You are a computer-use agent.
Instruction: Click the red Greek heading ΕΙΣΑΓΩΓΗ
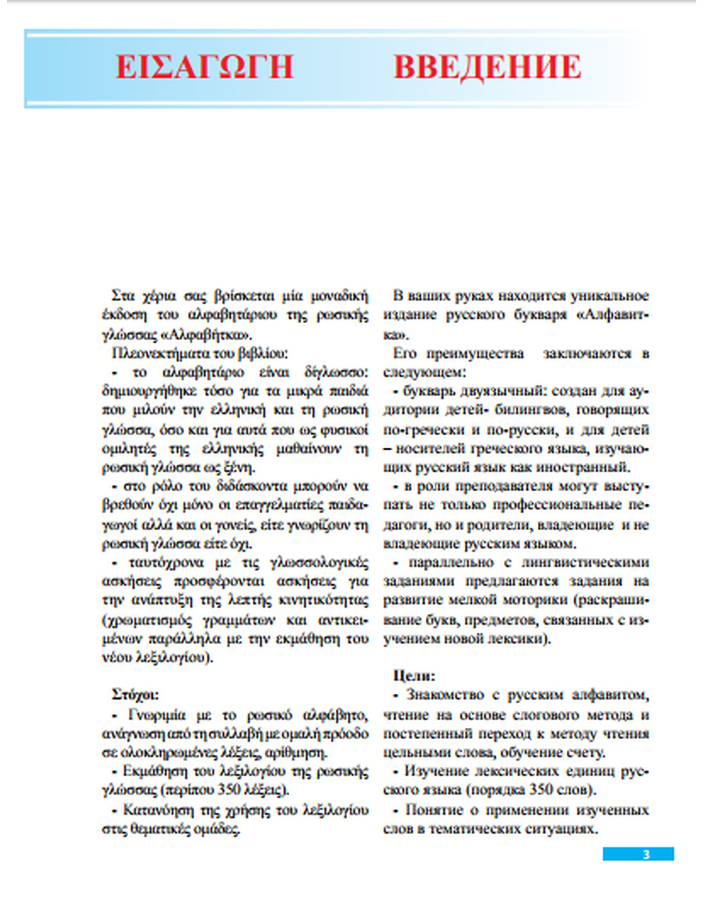[204, 67]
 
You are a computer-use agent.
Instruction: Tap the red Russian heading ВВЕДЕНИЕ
[487, 67]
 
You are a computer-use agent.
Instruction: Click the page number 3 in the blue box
[646, 854]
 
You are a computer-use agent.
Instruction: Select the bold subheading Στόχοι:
[135, 695]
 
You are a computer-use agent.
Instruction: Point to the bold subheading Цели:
[414, 676]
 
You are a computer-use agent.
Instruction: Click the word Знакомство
[446, 695]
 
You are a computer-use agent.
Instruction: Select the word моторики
[536, 600]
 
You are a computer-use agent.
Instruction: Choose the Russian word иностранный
[584, 467]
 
